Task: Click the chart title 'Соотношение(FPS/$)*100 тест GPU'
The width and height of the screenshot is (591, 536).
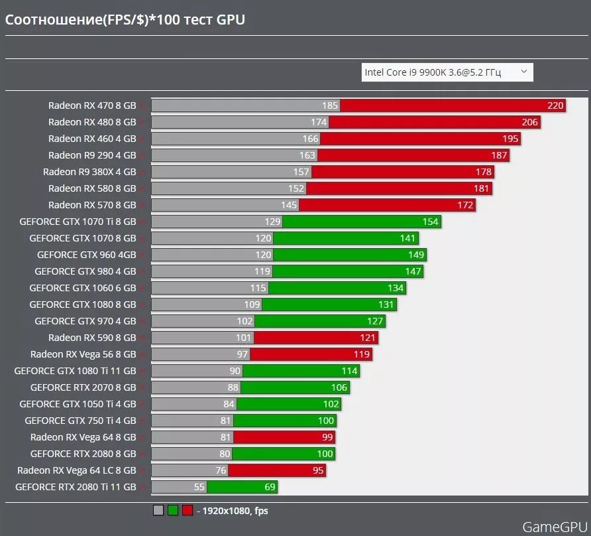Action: (125, 20)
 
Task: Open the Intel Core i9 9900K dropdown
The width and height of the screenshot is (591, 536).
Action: (447, 72)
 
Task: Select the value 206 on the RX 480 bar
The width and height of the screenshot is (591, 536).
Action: (529, 122)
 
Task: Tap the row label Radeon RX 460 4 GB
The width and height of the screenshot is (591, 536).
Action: (92, 139)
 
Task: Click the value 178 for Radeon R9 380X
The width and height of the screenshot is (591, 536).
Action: (483, 172)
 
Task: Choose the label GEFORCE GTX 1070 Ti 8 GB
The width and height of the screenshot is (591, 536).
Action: (78, 222)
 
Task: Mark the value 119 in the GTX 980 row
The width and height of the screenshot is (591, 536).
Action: (262, 271)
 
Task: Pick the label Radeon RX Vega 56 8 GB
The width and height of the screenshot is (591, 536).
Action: (83, 354)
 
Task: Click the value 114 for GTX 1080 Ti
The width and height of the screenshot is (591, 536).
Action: (349, 371)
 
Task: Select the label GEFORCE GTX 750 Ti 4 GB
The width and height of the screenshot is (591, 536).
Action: (80, 421)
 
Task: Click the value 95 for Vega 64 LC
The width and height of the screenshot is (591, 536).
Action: (318, 470)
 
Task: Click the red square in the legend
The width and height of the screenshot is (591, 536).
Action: (188, 510)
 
